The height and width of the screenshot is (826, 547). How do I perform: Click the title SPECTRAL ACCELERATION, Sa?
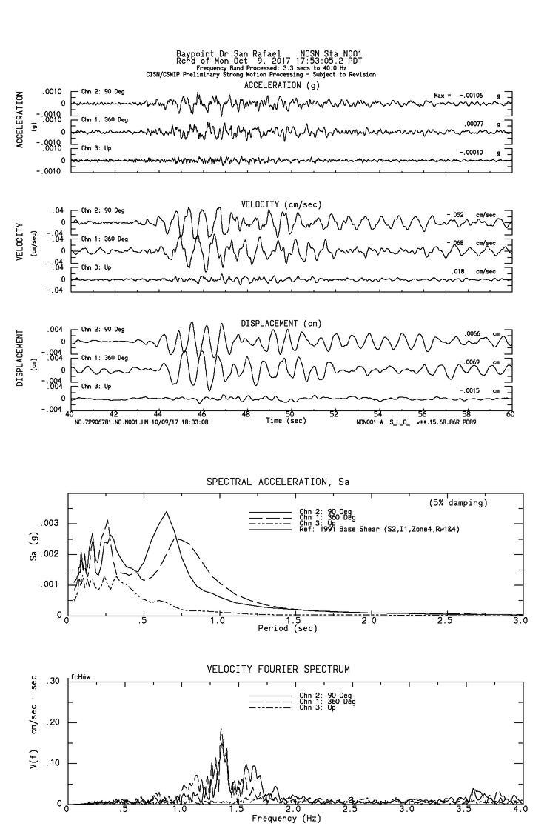[x=276, y=482]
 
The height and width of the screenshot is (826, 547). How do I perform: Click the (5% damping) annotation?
[x=458, y=503]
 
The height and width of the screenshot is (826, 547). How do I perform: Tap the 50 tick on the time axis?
[x=290, y=413]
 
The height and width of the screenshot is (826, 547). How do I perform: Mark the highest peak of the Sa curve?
[x=167, y=512]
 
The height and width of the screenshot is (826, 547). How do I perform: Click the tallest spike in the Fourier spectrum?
[x=221, y=729]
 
